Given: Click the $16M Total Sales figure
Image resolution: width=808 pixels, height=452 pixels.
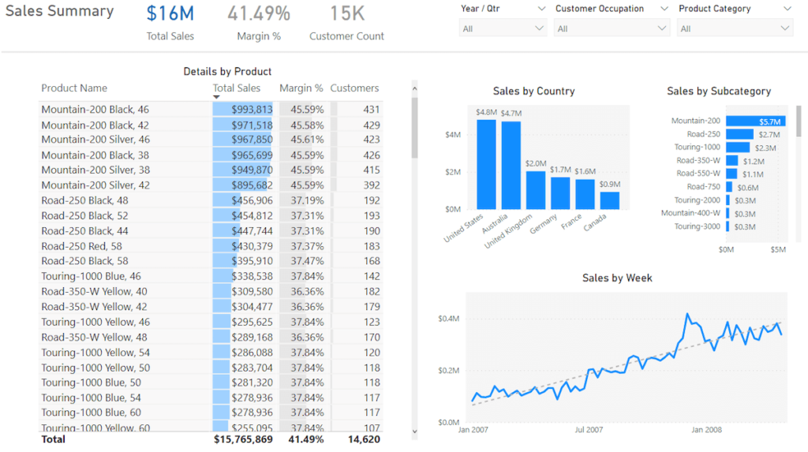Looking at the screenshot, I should (x=170, y=13).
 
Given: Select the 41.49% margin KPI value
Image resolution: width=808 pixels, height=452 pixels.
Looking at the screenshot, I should (x=259, y=13).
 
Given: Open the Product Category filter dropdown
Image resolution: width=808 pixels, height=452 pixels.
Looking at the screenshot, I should (x=735, y=28).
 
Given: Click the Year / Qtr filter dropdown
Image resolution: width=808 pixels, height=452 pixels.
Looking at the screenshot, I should (x=503, y=28).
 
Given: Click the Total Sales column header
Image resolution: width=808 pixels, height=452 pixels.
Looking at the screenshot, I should (x=236, y=88).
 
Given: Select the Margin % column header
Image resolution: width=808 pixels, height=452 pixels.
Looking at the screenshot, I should (x=301, y=88).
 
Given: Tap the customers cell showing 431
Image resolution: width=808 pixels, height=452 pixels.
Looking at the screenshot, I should (x=371, y=110).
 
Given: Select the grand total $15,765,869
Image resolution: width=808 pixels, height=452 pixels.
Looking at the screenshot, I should (x=243, y=439).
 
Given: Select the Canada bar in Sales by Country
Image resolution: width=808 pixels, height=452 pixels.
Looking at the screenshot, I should (x=609, y=200).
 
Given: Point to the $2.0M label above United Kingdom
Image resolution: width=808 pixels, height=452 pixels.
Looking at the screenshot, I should (x=536, y=163).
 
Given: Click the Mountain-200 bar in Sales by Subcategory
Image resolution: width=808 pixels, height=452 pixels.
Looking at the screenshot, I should (x=754, y=121).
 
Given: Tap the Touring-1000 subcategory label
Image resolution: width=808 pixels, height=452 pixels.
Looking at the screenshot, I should (x=697, y=148).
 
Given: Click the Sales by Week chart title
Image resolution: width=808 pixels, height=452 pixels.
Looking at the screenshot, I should (x=617, y=278).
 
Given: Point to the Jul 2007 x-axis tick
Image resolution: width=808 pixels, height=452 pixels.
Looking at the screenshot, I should (x=589, y=431).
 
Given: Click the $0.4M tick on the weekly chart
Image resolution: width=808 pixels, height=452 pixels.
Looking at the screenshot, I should (x=449, y=319).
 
